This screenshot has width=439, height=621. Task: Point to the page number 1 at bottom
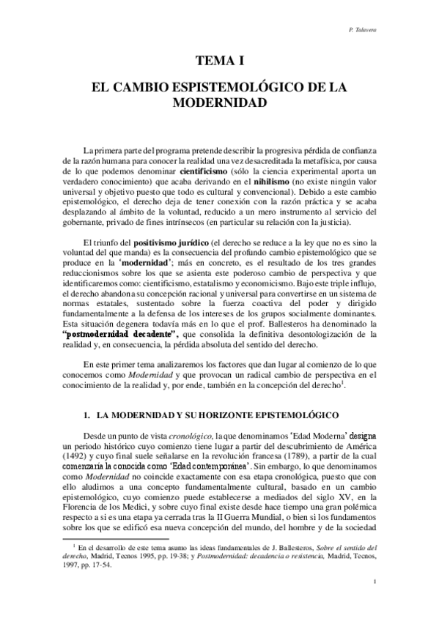375,602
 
